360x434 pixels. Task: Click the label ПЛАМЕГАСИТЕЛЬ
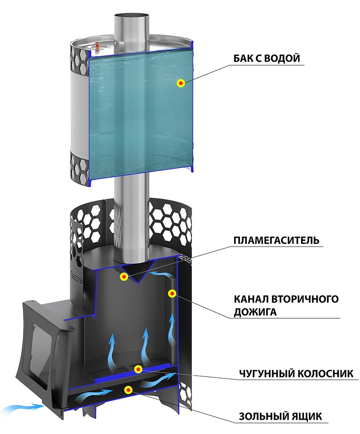point(276,241)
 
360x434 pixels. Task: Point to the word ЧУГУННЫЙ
point(262,373)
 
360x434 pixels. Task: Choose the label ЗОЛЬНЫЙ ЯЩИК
point(280,417)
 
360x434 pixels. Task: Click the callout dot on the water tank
point(182,83)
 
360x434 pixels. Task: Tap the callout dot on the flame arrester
point(124,276)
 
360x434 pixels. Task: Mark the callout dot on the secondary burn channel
point(172,293)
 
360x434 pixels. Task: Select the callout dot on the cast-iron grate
point(137,369)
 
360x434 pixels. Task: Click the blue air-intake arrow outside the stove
point(21,406)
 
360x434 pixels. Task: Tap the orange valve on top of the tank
point(98,45)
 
